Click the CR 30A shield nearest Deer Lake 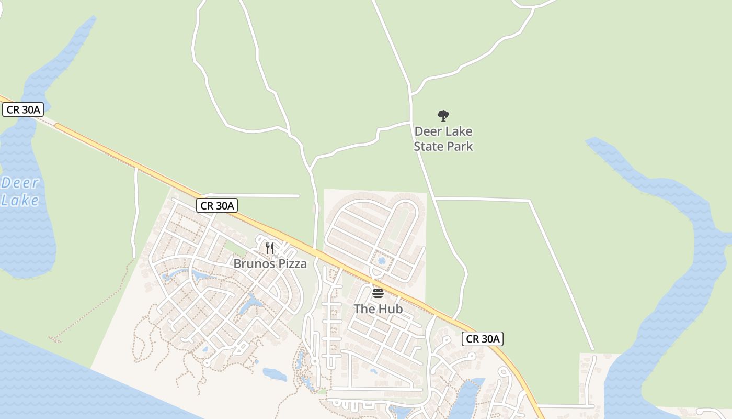pyautogui.click(x=22, y=109)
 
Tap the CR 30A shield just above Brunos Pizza pyautogui.click(x=217, y=205)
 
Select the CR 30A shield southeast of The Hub pyautogui.click(x=483, y=339)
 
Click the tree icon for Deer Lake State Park pyautogui.click(x=443, y=116)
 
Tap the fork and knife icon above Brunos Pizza pyautogui.click(x=270, y=248)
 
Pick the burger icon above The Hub pyautogui.click(x=378, y=293)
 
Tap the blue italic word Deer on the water pyautogui.click(x=20, y=183)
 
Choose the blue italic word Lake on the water pyautogui.click(x=20, y=201)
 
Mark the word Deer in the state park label pyautogui.click(x=428, y=131)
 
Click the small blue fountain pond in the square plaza pyautogui.click(x=381, y=260)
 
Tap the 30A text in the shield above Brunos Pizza pyautogui.click(x=224, y=205)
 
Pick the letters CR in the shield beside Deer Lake pyautogui.click(x=13, y=109)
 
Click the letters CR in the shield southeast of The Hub pyautogui.click(x=473, y=339)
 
